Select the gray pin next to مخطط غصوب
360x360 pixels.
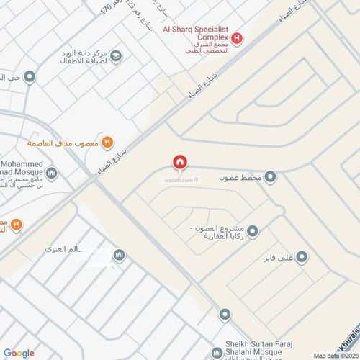270,176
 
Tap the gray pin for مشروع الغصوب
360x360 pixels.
253,231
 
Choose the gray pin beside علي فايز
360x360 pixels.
302,256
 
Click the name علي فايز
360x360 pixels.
279,257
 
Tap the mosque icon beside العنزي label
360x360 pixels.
120,256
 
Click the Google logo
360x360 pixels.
19,352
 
